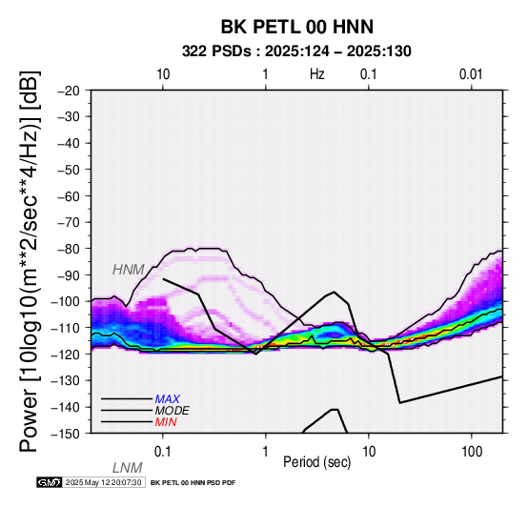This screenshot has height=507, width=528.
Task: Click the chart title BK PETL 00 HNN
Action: pyautogui.click(x=297, y=27)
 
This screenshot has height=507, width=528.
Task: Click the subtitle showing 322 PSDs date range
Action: pyautogui.click(x=296, y=51)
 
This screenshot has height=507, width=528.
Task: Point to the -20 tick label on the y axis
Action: pyautogui.click(x=69, y=91)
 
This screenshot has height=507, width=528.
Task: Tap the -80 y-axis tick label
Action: pyautogui.click(x=69, y=249)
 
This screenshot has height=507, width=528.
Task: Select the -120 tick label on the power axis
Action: pyautogui.click(x=65, y=355)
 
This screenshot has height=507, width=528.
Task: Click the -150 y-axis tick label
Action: pyautogui.click(x=65, y=434)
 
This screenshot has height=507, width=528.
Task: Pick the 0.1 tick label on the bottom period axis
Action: pyautogui.click(x=162, y=452)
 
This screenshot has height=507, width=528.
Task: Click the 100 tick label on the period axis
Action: pyautogui.click(x=472, y=452)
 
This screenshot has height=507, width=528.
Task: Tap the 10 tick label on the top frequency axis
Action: pyautogui.click(x=163, y=74)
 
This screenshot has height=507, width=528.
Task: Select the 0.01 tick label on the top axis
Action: pyautogui.click(x=471, y=74)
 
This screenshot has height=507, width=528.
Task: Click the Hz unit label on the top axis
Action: pyautogui.click(x=317, y=74)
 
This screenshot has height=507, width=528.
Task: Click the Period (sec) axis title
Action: pyautogui.click(x=316, y=462)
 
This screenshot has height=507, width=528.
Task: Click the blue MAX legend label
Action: pyautogui.click(x=168, y=399)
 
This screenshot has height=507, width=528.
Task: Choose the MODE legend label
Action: pyautogui.click(x=173, y=411)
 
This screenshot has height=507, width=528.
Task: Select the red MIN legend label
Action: pyautogui.click(x=166, y=422)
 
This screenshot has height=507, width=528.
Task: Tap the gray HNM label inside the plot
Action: pyautogui.click(x=129, y=270)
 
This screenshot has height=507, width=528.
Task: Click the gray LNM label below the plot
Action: pyautogui.click(x=128, y=468)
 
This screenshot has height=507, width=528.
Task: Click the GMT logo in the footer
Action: pyautogui.click(x=50, y=483)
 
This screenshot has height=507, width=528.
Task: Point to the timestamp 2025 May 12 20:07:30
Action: pyautogui.click(x=104, y=483)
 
